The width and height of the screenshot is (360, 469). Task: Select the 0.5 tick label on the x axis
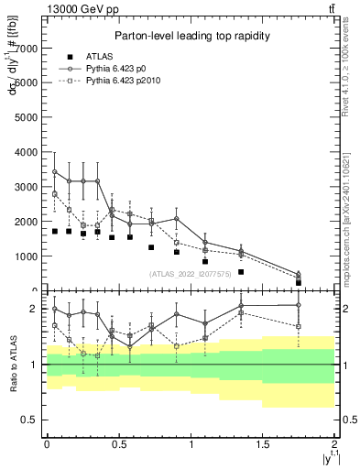118,444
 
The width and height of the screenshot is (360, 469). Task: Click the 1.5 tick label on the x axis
263,444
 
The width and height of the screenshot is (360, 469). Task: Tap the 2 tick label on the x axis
335,444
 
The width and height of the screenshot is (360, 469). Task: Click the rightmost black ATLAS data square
299,282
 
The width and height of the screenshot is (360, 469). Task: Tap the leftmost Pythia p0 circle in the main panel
55,171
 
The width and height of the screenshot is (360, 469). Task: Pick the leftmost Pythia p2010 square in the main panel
55,194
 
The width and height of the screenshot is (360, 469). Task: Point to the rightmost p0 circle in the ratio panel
299,305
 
